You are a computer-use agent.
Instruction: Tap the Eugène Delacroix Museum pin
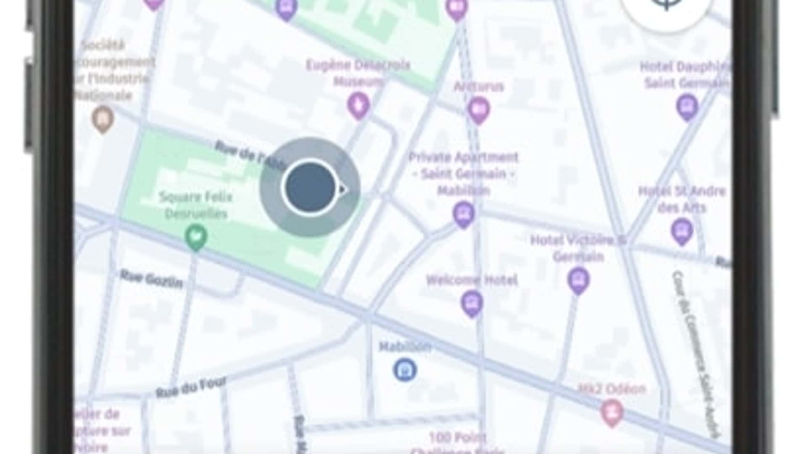tap(358, 105)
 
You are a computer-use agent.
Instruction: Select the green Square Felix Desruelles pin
tap(196, 237)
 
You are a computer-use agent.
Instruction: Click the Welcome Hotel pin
tap(472, 303)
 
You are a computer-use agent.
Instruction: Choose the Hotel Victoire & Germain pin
tap(578, 279)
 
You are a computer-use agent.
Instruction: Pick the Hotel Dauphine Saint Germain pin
tap(687, 107)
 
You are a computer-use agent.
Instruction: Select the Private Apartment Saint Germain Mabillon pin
tap(464, 214)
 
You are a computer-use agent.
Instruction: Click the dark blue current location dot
tap(310, 187)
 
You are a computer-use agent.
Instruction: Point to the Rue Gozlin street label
tap(151, 279)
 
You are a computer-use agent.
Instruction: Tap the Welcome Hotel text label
tap(472, 280)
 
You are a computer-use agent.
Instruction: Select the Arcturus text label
tap(479, 87)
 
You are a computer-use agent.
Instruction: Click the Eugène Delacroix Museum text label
tap(358, 73)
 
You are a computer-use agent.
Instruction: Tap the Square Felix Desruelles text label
tap(196, 205)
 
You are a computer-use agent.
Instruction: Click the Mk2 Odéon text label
tap(612, 389)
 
